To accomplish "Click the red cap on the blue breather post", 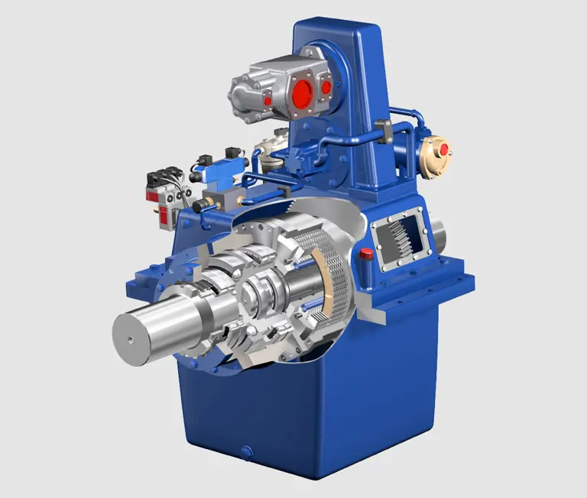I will click(x=366, y=254).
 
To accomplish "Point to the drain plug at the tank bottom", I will click(x=247, y=452).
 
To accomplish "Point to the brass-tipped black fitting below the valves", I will click(x=203, y=205).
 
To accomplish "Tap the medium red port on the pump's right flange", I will click(x=326, y=87).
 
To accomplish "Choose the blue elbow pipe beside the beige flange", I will click(x=413, y=122).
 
